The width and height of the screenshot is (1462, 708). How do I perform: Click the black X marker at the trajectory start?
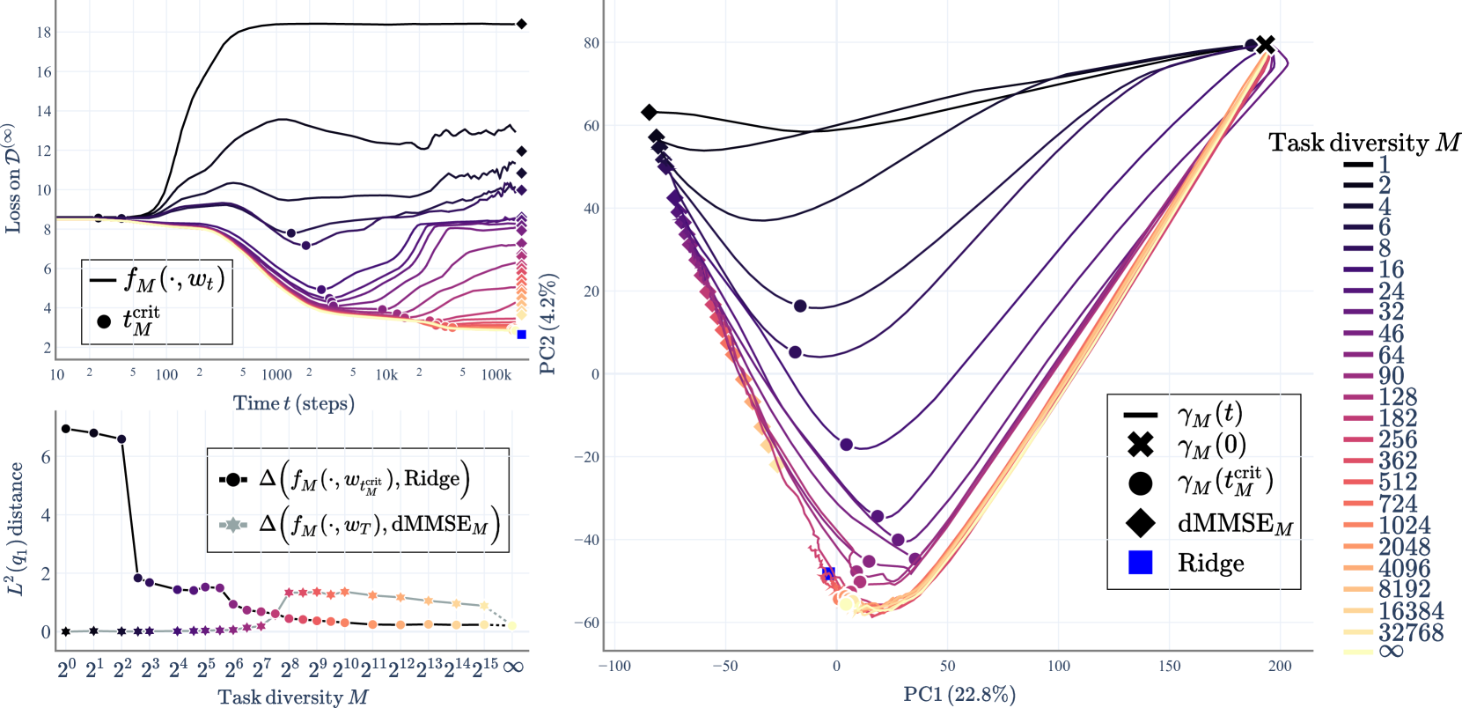pos(1265,44)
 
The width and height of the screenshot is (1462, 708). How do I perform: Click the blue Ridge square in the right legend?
pos(1141,563)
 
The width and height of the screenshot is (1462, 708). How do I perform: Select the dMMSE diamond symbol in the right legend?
pos(1141,523)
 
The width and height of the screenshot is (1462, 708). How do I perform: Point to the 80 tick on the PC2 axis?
pos(591,43)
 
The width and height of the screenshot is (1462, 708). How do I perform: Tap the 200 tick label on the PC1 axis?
pos(1280,666)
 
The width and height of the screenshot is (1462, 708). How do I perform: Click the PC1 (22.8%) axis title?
pos(959,694)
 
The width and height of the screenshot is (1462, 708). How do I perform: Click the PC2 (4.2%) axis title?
pos(548,324)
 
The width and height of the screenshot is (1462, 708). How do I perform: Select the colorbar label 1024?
pos(1404,526)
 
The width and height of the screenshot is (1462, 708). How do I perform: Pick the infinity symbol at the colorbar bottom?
pos(1391,652)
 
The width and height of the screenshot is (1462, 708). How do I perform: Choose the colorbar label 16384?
pos(1411,611)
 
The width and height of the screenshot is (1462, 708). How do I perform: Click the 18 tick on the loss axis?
pos(43,33)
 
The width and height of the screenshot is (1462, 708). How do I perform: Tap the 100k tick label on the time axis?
pos(496,375)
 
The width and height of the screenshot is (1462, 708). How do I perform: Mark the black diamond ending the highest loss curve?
pos(521,24)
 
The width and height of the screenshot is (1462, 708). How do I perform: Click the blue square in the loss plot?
pos(521,335)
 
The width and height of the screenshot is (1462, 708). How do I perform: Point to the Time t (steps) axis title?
pos(293,402)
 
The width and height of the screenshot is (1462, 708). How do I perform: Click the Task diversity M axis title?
pos(293,697)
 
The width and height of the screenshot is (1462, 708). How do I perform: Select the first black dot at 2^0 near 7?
pos(66,429)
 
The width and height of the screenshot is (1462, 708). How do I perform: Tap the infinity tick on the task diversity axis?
pos(513,667)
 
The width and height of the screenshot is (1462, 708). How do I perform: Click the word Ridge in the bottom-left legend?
pos(431,478)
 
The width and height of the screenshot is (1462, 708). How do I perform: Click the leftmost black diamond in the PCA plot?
pos(650,112)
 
